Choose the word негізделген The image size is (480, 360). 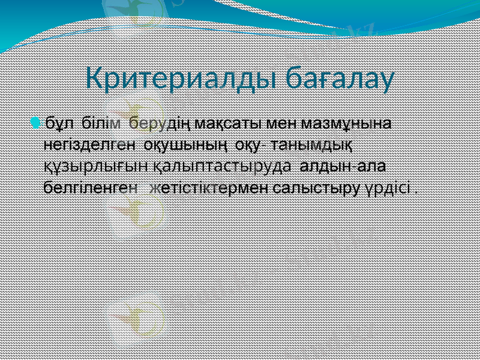point(90,145)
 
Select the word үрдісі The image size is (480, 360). point(388,187)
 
